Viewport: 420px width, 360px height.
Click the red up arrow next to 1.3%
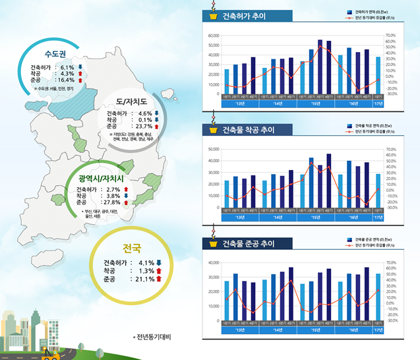159,271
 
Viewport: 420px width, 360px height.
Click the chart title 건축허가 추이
244,16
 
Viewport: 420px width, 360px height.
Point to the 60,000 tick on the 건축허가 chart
213,36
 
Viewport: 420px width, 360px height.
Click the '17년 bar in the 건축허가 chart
378,75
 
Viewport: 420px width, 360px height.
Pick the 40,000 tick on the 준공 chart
213,263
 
